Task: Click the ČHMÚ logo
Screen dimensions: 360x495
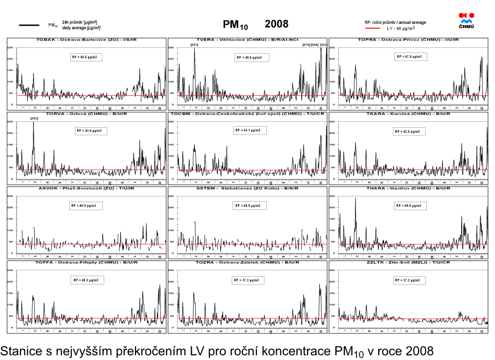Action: tap(466, 21)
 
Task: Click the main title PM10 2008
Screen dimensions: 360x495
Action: tap(255, 24)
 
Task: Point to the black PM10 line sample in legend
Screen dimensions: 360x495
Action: tap(29, 24)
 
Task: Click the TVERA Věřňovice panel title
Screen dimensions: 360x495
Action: tap(247, 40)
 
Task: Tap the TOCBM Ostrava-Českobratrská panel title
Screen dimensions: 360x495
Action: tap(247, 114)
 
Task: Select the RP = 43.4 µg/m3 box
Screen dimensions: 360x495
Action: tap(89, 130)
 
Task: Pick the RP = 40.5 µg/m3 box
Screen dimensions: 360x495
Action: tap(86, 280)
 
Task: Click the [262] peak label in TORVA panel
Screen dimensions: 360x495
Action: tap(34, 119)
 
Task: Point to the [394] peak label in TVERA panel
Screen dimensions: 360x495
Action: tap(314, 45)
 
